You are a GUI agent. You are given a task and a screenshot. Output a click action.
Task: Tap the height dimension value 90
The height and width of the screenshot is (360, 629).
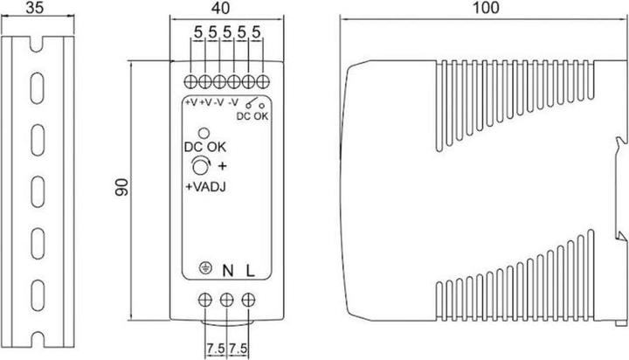tap(123, 187)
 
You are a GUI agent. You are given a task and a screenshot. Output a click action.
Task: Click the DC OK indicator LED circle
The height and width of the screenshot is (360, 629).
tap(203, 133)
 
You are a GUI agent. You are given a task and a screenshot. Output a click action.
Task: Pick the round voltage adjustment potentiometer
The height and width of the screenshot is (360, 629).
tap(201, 167)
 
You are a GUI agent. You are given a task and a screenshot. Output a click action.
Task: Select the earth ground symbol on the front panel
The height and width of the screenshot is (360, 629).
tap(206, 271)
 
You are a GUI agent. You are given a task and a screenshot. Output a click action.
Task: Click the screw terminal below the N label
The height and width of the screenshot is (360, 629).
tap(227, 300)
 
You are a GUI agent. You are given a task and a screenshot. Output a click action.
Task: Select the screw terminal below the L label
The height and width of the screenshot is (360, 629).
tap(249, 300)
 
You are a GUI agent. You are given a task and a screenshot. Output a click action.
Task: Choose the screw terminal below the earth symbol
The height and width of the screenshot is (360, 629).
tap(206, 300)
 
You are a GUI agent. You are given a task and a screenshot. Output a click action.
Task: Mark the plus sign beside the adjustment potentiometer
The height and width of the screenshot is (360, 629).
tap(221, 166)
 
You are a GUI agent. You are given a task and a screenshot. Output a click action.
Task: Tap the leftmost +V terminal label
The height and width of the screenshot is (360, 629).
tap(190, 102)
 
